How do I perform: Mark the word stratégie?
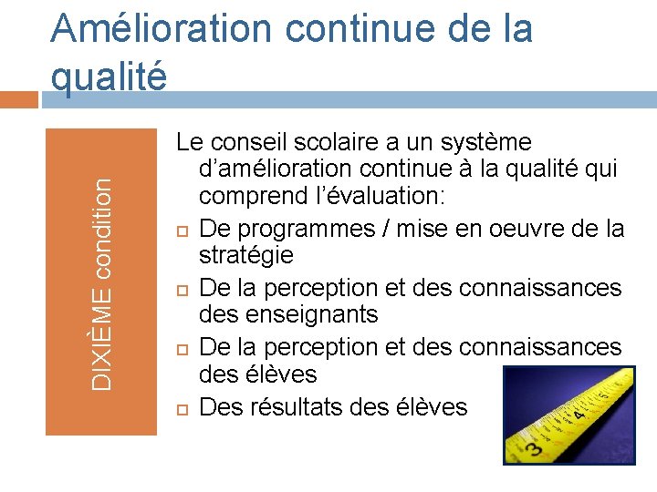(246, 255)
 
